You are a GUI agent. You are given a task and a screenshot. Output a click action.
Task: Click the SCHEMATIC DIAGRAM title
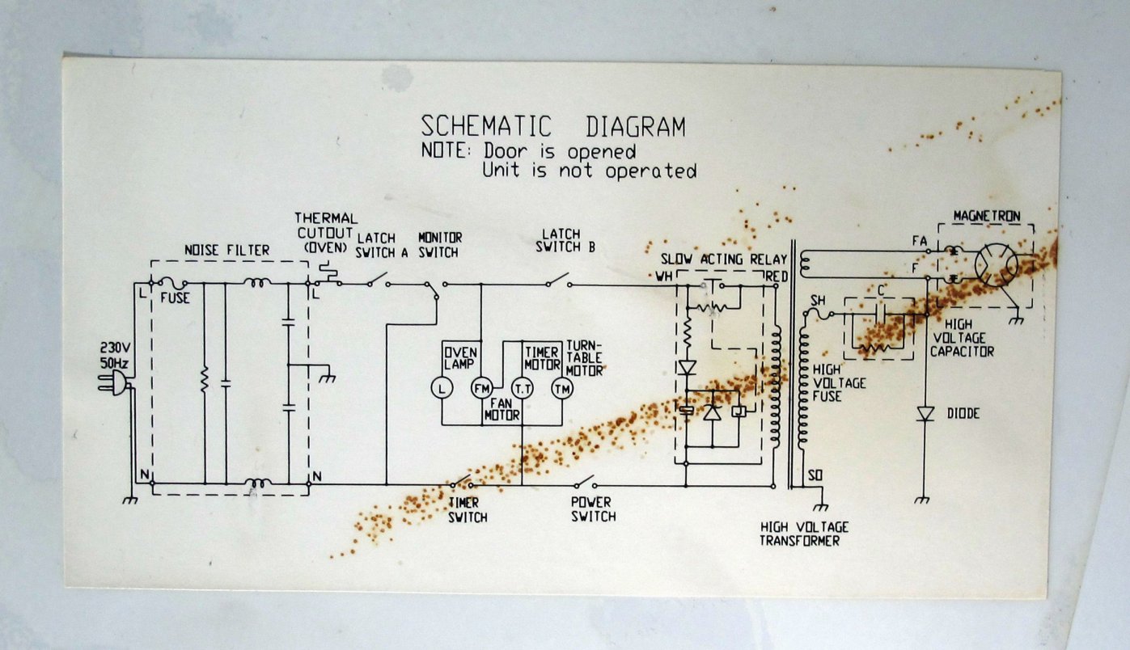pyautogui.click(x=552, y=127)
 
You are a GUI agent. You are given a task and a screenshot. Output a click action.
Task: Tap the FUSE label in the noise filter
pyautogui.click(x=175, y=298)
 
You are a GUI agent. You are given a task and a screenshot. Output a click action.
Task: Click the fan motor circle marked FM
pyautogui.click(x=482, y=389)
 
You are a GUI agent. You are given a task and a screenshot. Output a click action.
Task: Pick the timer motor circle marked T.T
pyautogui.click(x=522, y=389)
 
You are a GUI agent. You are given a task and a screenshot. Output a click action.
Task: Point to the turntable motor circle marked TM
pyautogui.click(x=561, y=389)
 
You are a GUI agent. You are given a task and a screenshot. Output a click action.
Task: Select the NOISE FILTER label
pyautogui.click(x=227, y=251)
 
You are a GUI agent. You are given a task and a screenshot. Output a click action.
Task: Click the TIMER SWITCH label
pyautogui.click(x=468, y=510)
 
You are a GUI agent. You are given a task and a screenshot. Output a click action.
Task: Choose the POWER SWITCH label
pyautogui.click(x=593, y=509)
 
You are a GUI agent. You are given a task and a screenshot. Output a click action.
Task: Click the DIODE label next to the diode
pyautogui.click(x=963, y=414)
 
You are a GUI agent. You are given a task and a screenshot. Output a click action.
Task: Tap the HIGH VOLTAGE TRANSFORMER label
pyautogui.click(x=804, y=534)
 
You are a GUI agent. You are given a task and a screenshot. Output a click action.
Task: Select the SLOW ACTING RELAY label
pyautogui.click(x=723, y=260)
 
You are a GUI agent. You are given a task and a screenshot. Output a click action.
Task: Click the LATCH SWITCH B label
pyautogui.click(x=565, y=241)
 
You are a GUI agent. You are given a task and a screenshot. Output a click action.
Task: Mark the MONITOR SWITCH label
pyautogui.click(x=439, y=245)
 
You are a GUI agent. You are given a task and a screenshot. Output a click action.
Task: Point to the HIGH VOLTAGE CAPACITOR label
pyautogui.click(x=962, y=337)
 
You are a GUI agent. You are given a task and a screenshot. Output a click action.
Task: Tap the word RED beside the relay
pyautogui.click(x=776, y=276)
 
